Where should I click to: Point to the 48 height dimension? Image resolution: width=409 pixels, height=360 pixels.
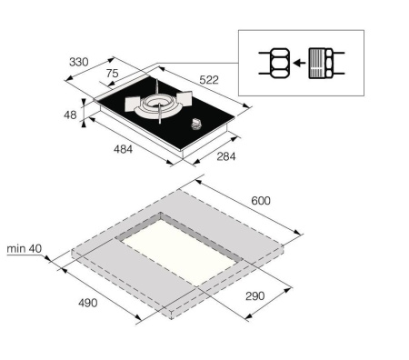(71, 115)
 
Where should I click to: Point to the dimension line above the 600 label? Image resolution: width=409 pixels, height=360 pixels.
(245, 210)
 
